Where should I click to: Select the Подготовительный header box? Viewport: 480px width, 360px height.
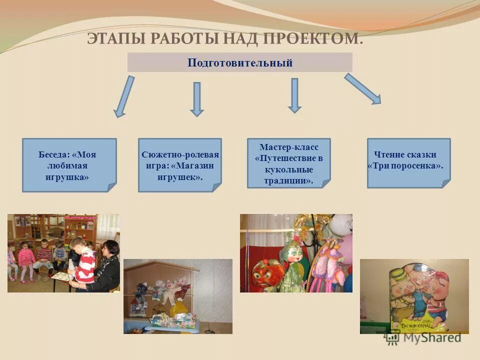click(240, 62)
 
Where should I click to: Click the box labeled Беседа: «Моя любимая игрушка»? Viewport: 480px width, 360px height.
click(69, 165)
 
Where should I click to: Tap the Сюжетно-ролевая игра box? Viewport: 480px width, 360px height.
click(180, 165)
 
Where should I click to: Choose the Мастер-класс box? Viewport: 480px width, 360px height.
click(289, 163)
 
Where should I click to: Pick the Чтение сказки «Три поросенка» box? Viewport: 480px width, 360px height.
click(408, 163)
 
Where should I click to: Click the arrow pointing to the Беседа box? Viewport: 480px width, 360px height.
click(124, 96)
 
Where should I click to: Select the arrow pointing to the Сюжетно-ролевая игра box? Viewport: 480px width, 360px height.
click(197, 99)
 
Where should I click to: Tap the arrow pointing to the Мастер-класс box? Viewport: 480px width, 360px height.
click(294, 95)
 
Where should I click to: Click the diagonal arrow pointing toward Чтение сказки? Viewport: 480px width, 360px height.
click(362, 88)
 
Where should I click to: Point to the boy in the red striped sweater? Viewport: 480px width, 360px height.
click(84, 262)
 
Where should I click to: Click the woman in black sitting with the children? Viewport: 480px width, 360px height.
click(108, 267)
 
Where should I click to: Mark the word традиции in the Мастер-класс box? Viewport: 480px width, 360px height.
click(288, 181)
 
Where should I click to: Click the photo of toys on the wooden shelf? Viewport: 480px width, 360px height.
click(178, 296)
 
